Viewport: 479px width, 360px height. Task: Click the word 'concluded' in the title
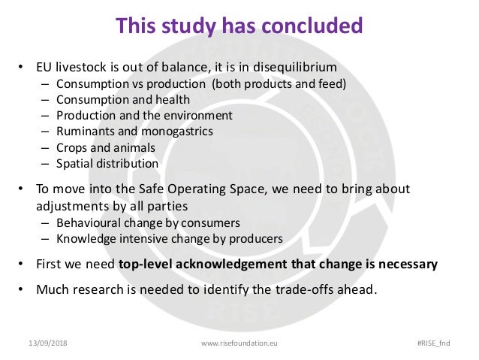pos(307,26)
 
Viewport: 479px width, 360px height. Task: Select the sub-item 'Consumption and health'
pos(123,99)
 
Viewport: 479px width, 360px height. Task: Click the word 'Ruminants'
pos(83,132)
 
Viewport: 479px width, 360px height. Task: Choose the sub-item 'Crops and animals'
pos(106,147)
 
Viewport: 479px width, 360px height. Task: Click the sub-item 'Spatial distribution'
pos(107,163)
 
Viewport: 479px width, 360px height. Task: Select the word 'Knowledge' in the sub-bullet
pos(85,239)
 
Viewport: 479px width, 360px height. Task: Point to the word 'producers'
pos(258,239)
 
